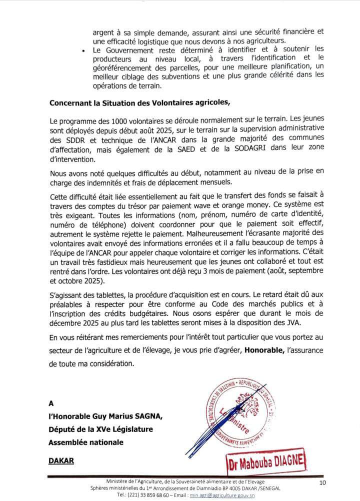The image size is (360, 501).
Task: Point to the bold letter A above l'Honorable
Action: coord(51,402)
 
